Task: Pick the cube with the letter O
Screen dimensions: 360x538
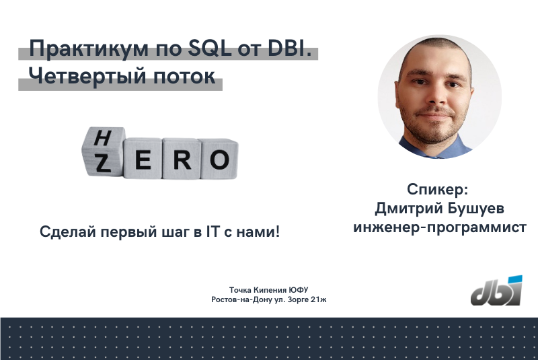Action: coord(219,159)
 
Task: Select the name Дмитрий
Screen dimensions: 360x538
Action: coord(405,208)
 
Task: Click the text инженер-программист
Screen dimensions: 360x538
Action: coord(440,227)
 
